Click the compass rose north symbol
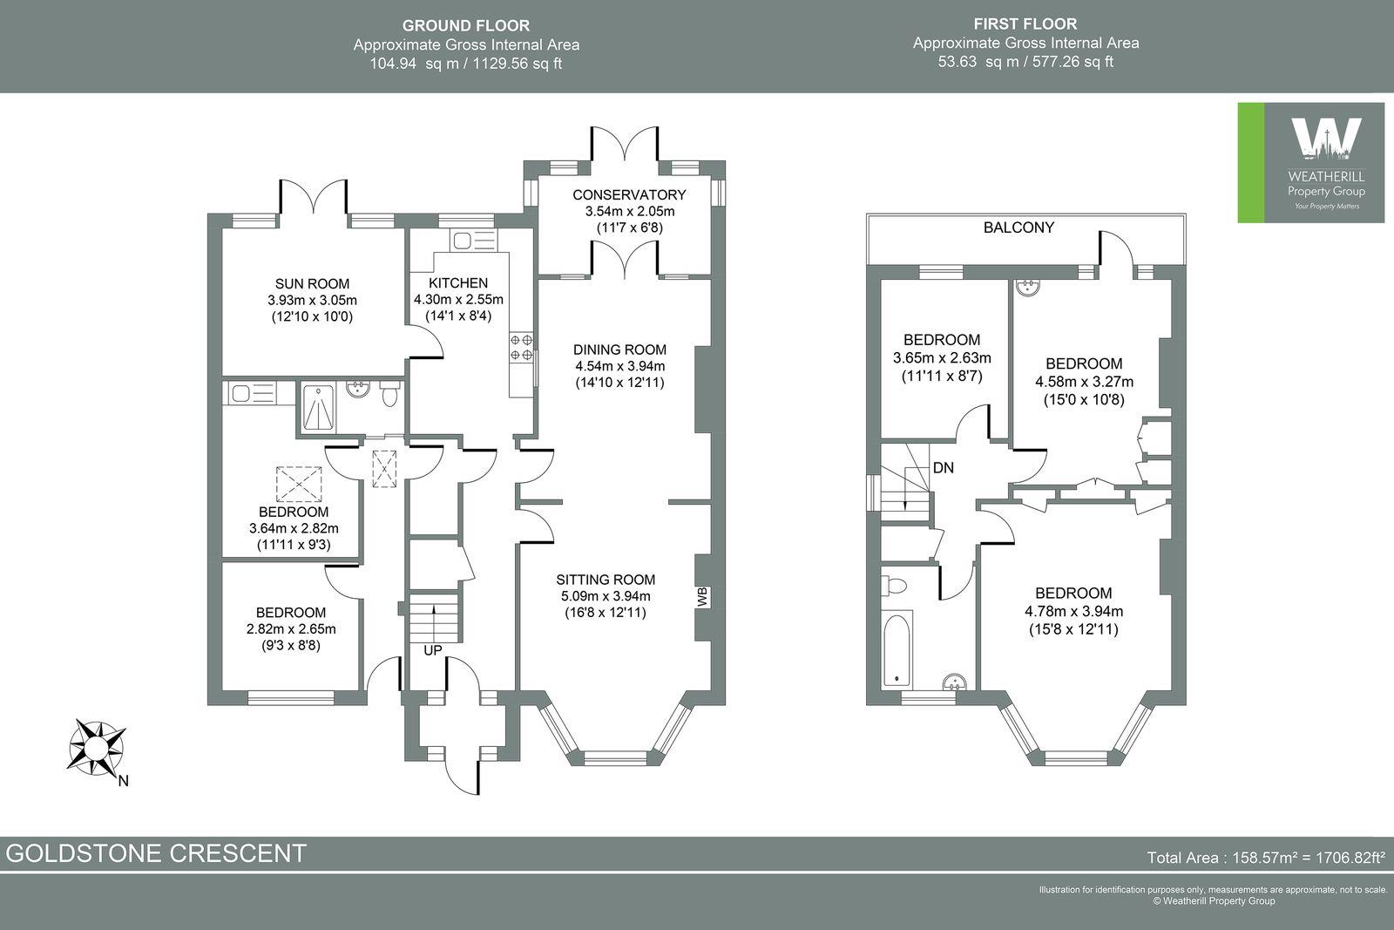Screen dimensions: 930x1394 pyautogui.click(x=98, y=746)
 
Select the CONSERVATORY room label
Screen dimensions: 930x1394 pyautogui.click(x=629, y=194)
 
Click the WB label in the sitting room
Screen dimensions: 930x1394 pyautogui.click(x=702, y=597)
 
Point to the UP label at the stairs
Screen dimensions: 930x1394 pyautogui.click(x=432, y=651)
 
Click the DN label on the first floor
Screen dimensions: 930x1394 pyautogui.click(x=944, y=468)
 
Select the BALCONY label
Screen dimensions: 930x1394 pyautogui.click(x=1018, y=227)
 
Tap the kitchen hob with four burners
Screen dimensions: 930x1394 pyautogui.click(x=521, y=348)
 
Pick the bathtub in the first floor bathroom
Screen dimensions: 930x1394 pyautogui.click(x=897, y=649)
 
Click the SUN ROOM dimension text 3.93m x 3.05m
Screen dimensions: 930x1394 pyautogui.click(x=312, y=300)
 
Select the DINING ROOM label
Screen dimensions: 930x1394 pyautogui.click(x=619, y=350)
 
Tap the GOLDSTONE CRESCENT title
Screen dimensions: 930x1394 pyautogui.click(x=157, y=852)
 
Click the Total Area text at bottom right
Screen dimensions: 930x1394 pyautogui.click(x=1266, y=858)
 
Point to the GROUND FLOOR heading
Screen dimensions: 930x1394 pyautogui.click(x=465, y=26)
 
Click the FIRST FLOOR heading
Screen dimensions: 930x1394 pyautogui.click(x=1025, y=24)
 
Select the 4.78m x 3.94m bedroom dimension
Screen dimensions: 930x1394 pyautogui.click(x=1073, y=611)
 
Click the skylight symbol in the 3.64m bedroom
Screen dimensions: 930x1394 pyautogui.click(x=299, y=482)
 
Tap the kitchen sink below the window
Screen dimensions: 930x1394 pyautogui.click(x=461, y=240)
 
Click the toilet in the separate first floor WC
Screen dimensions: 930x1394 pyautogui.click(x=897, y=585)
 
